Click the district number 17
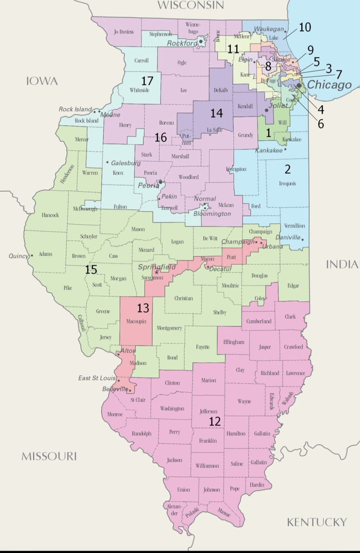pos(147,81)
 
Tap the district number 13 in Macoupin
pos(136,307)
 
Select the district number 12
pos(215,421)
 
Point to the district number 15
pos(91,270)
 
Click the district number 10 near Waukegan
pos(304,27)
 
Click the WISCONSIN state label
pos(190,6)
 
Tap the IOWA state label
pos(42,81)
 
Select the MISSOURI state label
pos(48,456)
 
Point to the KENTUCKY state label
pos(316,522)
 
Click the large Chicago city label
pos(329,85)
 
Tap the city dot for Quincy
pos(31,255)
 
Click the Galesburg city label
pos(125,163)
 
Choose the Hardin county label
pos(258,485)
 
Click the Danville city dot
pos(303,238)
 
